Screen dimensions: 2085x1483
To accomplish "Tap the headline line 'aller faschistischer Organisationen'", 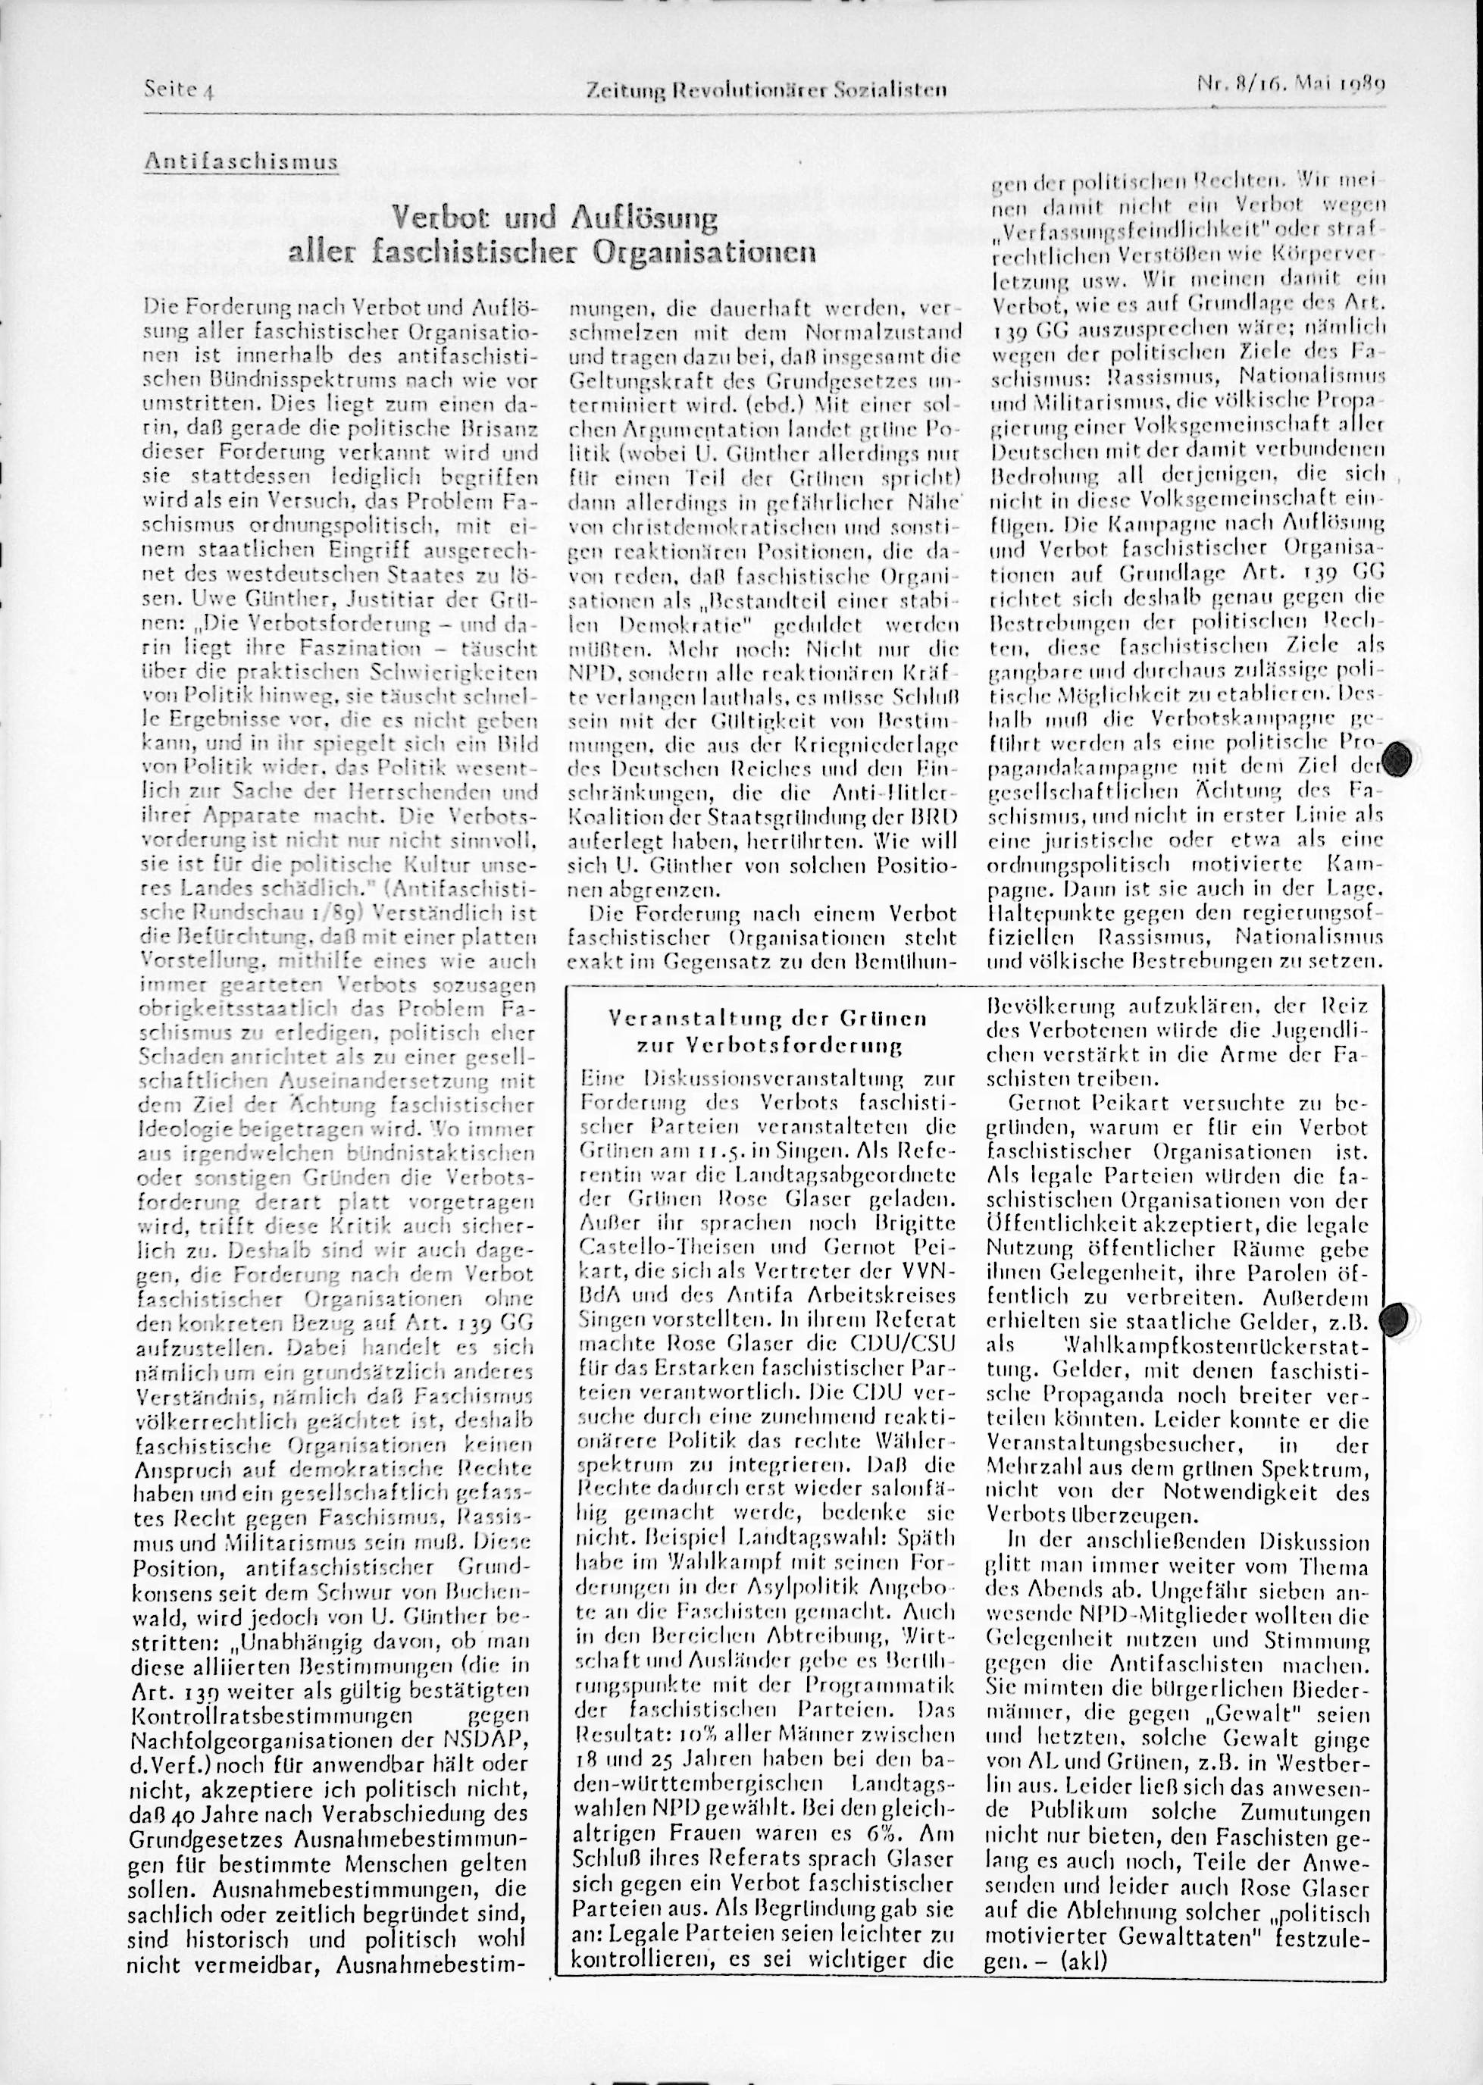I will pyautogui.click(x=552, y=252).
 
